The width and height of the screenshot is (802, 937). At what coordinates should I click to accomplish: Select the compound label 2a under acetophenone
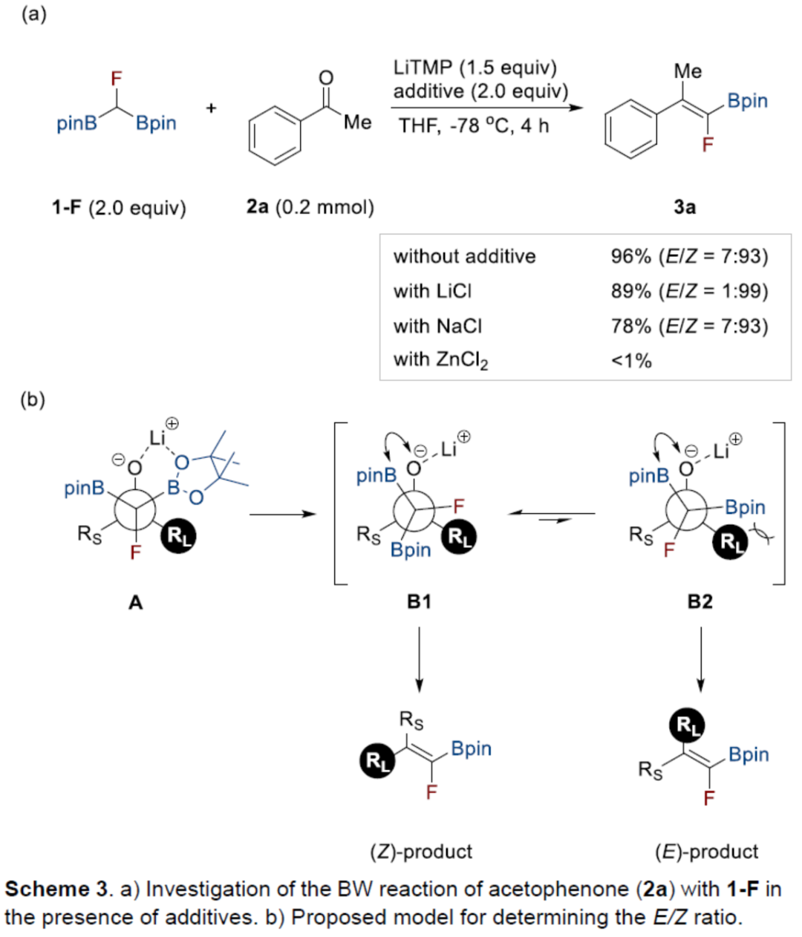(x=257, y=207)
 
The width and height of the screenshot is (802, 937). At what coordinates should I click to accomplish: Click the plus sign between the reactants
(x=212, y=108)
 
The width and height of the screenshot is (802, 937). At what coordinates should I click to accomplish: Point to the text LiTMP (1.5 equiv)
(x=475, y=68)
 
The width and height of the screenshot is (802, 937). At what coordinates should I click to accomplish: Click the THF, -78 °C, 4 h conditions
(x=474, y=126)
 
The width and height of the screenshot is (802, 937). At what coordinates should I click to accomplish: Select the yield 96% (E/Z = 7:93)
(x=689, y=256)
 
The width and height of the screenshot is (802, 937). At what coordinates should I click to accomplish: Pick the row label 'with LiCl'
(x=432, y=291)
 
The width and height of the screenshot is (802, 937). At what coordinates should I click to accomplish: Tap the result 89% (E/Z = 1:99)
(x=689, y=291)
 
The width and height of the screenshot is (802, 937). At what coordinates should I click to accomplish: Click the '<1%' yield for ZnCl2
(x=631, y=361)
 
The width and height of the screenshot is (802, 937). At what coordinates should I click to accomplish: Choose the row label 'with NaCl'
(x=437, y=326)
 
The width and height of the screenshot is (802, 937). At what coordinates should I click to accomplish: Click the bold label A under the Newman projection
(x=135, y=602)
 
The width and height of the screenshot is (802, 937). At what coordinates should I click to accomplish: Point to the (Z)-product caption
(x=421, y=852)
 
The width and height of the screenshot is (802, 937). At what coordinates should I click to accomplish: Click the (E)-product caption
(x=706, y=852)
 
